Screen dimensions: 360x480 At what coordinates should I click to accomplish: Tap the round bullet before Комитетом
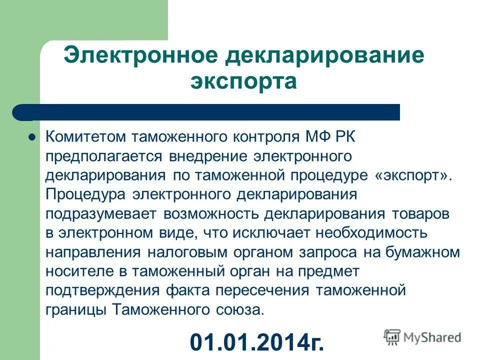(32, 137)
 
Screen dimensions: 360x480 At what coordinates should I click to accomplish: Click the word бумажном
(422, 252)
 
